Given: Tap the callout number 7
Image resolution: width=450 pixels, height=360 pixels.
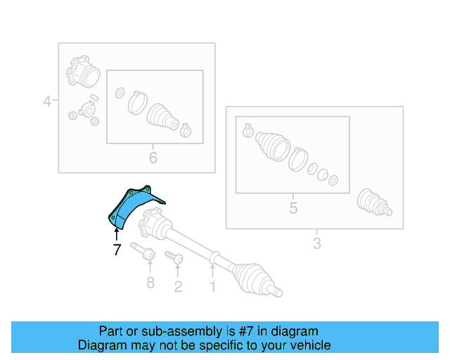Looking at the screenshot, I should [x=117, y=249].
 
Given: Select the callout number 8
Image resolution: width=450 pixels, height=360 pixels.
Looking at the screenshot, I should [x=150, y=283].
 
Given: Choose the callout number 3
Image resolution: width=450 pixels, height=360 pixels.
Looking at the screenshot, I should [x=316, y=243].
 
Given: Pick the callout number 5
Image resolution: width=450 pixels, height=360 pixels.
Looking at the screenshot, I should [x=293, y=208].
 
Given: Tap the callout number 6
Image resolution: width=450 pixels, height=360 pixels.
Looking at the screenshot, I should [x=153, y=157].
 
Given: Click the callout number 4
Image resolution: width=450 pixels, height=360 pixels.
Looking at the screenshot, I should [x=47, y=101].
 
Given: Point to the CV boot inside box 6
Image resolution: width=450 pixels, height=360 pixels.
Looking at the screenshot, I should [x=164, y=117].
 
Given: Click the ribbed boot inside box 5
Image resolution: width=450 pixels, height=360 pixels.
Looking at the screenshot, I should [x=271, y=148].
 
